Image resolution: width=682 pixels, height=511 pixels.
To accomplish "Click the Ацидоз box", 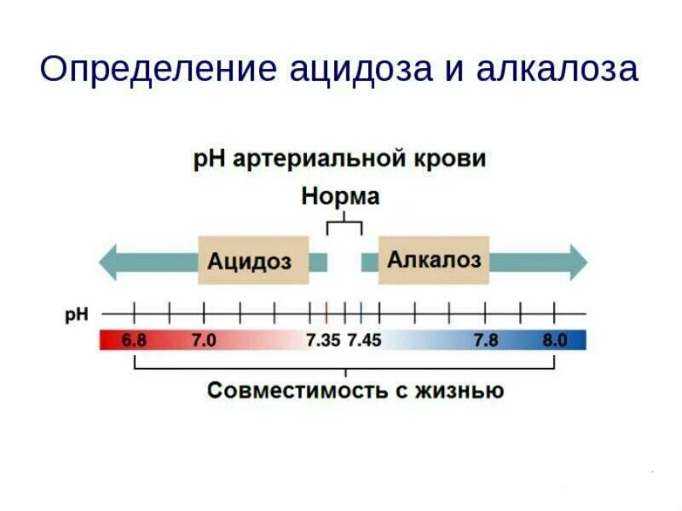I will (250, 261).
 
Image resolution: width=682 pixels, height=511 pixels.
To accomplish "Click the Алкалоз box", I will (434, 259).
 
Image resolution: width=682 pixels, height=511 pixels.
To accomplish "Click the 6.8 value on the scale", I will (134, 341).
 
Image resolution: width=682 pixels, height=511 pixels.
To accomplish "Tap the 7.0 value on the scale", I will (204, 341).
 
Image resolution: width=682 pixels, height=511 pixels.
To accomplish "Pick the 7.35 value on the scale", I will (323, 341).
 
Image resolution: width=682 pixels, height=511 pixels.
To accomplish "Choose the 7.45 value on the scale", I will (364, 341).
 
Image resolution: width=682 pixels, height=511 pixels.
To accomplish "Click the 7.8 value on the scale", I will (485, 341).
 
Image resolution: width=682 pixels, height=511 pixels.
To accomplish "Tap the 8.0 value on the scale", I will (555, 341).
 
